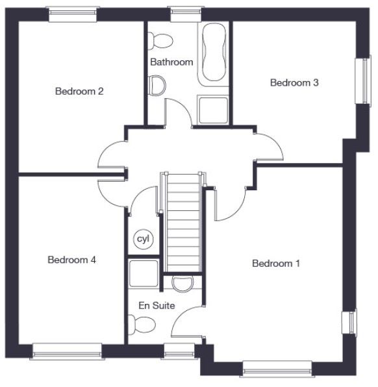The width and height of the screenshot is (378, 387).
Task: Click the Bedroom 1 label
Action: pos(276,264)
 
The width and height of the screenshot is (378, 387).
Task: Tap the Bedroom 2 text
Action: pos(79,92)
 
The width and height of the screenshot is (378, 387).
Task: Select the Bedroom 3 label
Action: pos(294,82)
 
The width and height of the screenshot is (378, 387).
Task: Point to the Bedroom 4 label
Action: pos(71,260)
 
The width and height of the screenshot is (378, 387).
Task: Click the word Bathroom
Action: pos(171,62)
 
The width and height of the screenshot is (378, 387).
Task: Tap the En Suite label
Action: pos(157,306)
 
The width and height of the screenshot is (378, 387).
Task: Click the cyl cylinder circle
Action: pos(144,239)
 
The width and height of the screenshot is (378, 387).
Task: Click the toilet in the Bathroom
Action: pos(160,41)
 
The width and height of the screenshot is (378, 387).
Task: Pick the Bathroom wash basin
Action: pos(157,86)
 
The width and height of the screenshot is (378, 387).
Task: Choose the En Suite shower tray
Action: pos(143,273)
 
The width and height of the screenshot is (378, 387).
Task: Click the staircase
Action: pos(183,222)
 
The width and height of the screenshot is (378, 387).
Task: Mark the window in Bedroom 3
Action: pos(363,81)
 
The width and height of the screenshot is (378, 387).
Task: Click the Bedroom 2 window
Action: pos(72,14)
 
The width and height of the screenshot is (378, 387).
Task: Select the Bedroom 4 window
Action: pos(67,351)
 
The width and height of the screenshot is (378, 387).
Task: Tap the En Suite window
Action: pos(179,351)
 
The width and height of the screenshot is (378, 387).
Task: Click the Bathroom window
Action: pos(186,14)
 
